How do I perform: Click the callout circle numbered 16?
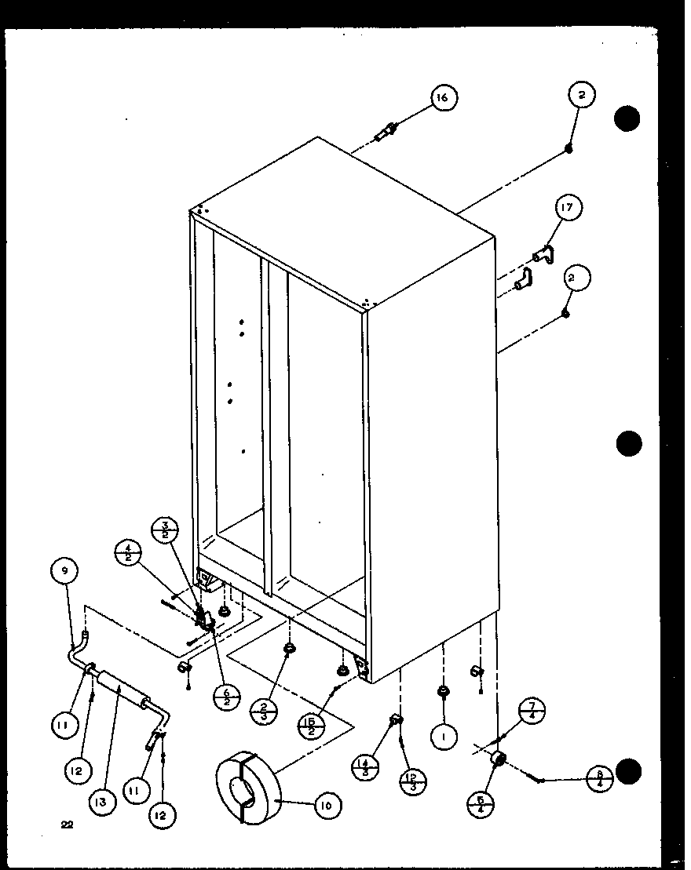(443, 98)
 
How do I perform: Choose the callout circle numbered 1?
(444, 737)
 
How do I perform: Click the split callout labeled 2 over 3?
(263, 712)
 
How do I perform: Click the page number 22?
(67, 824)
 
